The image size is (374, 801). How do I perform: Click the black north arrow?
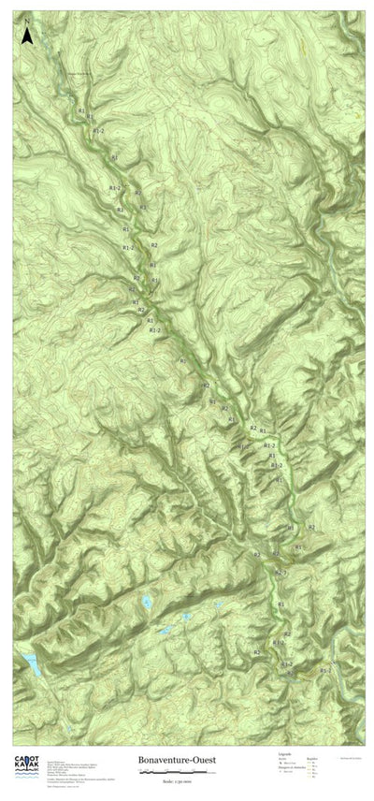pos(28,36)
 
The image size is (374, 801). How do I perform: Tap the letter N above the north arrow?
pos(28,20)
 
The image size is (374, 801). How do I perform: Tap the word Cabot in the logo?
pos(26,735)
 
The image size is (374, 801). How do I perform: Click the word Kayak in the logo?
pos(26,747)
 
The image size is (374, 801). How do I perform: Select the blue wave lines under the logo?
pos(26,757)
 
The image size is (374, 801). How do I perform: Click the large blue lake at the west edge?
pos(32,663)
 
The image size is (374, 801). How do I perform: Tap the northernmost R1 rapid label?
pos(82,111)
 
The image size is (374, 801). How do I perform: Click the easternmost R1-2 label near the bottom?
pos(325,670)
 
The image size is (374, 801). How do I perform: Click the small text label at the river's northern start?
pos(79,73)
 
